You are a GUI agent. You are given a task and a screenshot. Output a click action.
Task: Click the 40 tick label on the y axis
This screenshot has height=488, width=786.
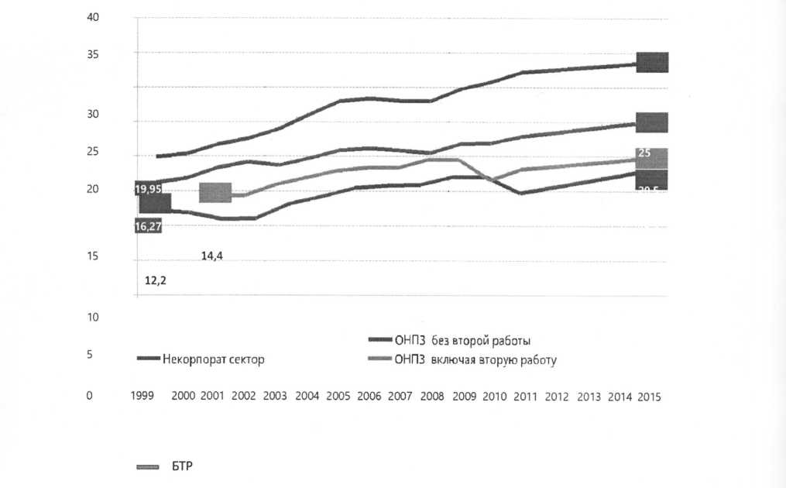[93, 18]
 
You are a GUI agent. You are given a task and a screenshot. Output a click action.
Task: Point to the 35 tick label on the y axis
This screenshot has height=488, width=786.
[93, 54]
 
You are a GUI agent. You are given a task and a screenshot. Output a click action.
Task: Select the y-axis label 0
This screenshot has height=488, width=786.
[90, 395]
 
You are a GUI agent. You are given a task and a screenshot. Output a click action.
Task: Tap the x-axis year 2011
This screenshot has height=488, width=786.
[526, 395]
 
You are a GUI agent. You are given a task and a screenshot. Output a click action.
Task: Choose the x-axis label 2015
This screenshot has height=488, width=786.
[648, 395]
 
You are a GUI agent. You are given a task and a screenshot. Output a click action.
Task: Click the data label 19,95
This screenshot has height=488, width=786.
[148, 188]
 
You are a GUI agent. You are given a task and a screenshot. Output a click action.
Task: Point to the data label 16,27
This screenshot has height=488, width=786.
[148, 226]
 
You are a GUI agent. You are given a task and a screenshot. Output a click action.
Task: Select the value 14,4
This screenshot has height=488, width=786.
[213, 256]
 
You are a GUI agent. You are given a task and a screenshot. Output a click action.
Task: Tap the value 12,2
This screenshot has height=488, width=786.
[156, 280]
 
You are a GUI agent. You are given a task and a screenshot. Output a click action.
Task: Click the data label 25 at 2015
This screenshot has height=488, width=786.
[644, 154]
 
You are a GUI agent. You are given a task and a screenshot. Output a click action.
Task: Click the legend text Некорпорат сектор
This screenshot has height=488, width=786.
[213, 359]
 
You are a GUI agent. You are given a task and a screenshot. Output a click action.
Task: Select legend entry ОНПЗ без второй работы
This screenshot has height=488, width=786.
[462, 340]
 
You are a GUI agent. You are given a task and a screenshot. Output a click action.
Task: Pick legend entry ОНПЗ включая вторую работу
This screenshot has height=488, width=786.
[475, 359]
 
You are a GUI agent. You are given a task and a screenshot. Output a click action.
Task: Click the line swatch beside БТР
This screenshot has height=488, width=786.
[146, 467]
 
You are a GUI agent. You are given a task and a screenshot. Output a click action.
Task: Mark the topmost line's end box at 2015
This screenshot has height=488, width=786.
[652, 62]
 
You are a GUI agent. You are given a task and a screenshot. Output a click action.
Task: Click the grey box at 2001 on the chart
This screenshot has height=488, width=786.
[215, 193]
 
